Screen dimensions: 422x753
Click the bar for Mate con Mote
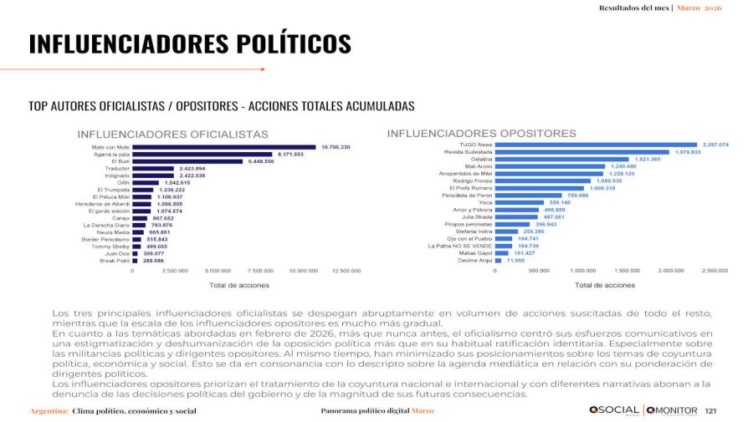click(x=224, y=147)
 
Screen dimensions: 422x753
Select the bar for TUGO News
click(x=596, y=145)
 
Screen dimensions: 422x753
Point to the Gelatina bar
click(x=561, y=159)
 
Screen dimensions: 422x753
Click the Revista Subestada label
click(x=469, y=152)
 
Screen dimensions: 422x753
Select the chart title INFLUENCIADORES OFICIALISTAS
click(x=172, y=134)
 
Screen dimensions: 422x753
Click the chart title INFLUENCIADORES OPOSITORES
click(x=481, y=133)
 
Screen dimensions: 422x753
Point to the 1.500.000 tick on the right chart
click(x=627, y=271)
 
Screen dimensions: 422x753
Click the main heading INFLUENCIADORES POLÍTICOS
click(x=190, y=43)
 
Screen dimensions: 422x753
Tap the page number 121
click(x=711, y=411)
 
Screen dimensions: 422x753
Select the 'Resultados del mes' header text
click(x=634, y=8)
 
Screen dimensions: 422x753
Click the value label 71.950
click(x=515, y=260)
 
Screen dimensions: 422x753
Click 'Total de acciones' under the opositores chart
click(x=604, y=285)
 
